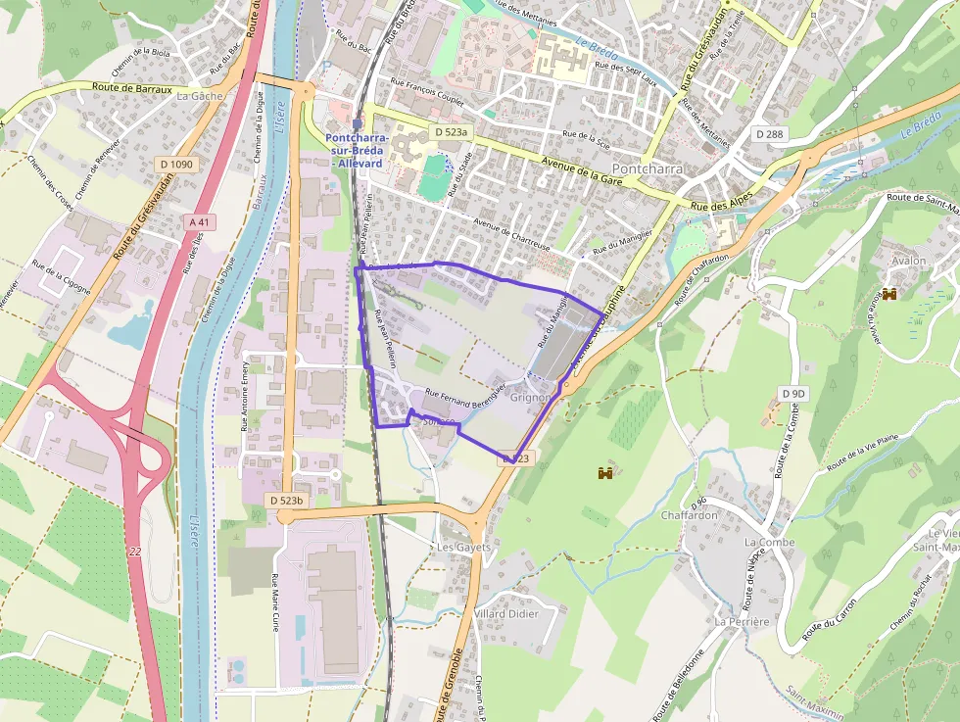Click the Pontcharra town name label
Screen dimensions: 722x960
point(647,168)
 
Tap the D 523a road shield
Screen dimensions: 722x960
point(452,131)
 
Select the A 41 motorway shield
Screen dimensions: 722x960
point(198,222)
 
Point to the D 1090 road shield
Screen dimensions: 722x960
point(175,165)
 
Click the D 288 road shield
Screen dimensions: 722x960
point(770,132)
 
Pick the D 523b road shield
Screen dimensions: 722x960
point(287,500)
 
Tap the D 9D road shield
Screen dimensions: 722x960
point(793,393)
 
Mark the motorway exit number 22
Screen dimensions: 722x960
point(134,552)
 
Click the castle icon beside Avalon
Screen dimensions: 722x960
point(890,294)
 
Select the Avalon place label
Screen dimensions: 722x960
point(908,262)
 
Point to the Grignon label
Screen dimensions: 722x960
point(531,398)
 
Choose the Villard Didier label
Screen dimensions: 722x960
point(506,613)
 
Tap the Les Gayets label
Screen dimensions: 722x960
point(463,547)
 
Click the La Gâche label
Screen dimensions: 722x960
point(200,97)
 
